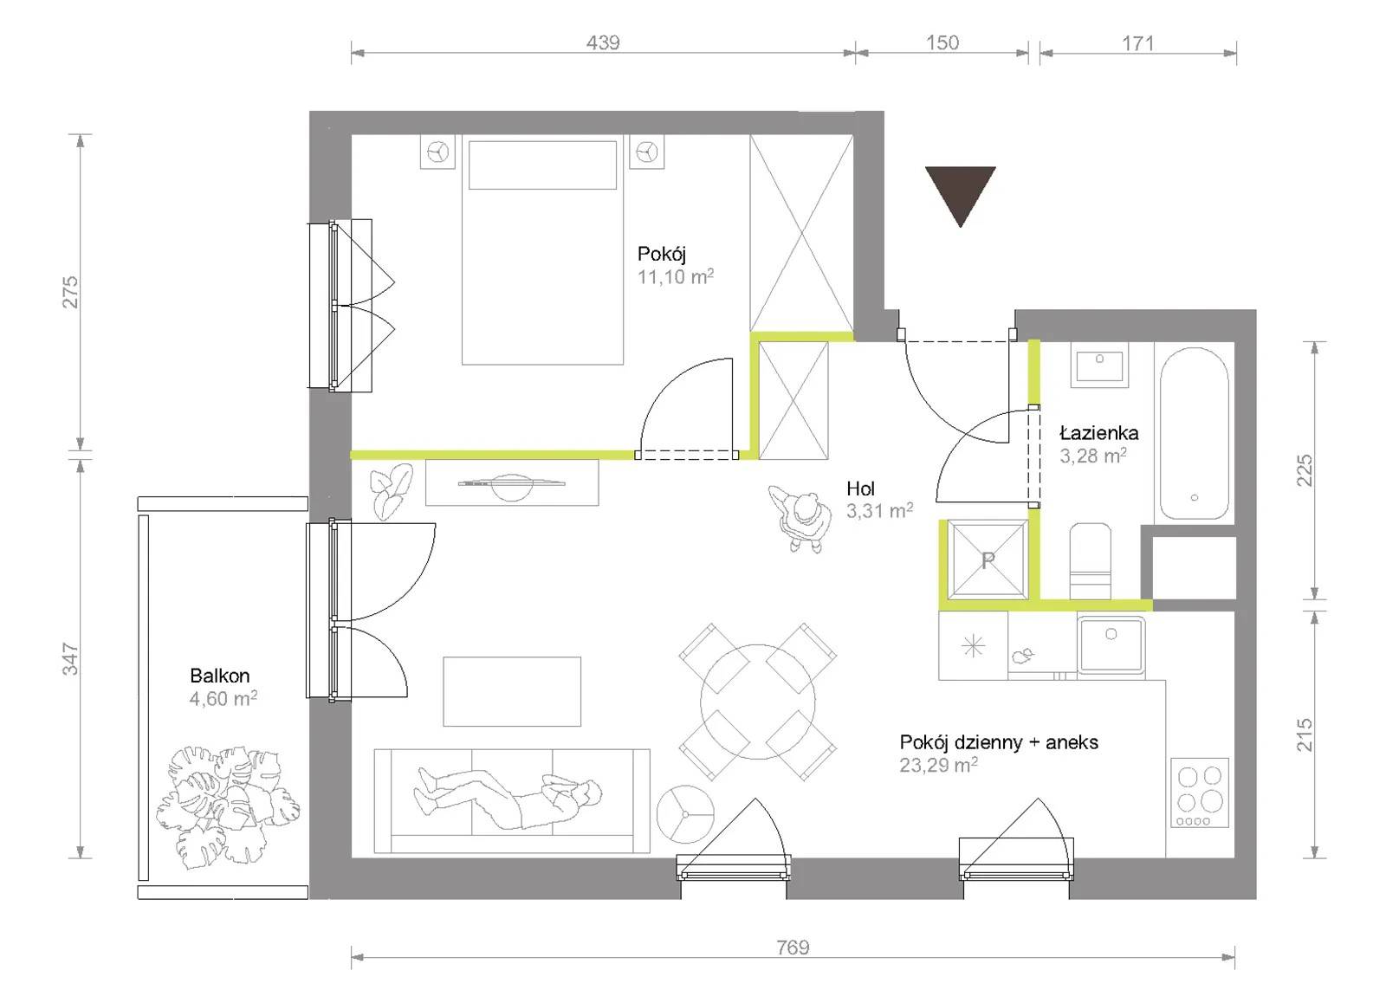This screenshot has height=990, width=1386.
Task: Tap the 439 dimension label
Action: pos(603,42)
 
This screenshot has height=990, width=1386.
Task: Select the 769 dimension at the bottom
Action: pos(793,948)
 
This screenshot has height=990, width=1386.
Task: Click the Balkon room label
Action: pos(220,675)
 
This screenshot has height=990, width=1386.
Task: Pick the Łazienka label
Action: pos(1099,432)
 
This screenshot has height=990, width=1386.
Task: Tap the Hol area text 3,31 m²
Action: pos(879,510)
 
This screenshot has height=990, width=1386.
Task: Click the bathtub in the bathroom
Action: pos(1195,433)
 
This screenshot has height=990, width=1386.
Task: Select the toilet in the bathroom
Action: pos(1091,561)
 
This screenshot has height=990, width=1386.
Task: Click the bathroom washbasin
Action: pos(1099,366)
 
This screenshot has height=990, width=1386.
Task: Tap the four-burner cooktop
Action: pos(1199,793)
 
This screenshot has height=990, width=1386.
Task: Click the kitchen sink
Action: pos(1111,644)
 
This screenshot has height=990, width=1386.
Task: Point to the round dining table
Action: pos(757,702)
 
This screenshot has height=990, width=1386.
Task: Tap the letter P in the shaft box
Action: pos(988,560)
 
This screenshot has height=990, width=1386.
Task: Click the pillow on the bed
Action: pos(542,165)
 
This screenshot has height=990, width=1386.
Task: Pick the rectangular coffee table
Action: pos(512,691)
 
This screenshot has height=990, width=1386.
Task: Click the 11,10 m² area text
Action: pos(676,276)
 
